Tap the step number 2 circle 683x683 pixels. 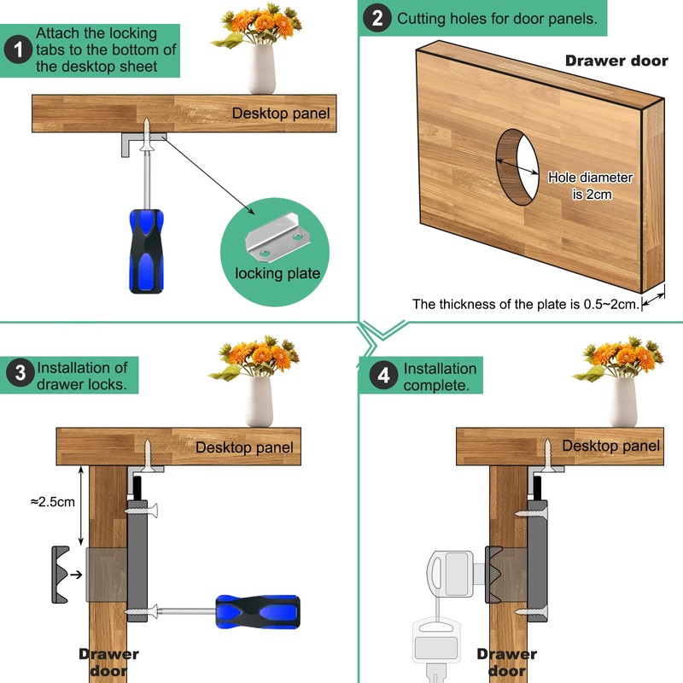376,19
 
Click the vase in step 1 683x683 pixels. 261,70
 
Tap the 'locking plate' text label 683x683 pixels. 277,274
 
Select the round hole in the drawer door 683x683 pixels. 519,167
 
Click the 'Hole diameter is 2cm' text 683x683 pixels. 590,185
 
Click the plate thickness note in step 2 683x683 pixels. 525,304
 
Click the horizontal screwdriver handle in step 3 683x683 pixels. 257,610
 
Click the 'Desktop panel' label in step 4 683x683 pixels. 610,446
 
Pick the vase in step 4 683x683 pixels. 623,401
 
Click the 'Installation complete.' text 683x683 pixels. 440,377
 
